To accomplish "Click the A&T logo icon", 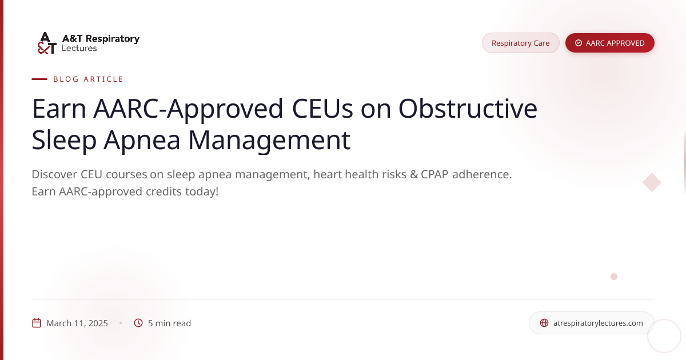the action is coord(47,43).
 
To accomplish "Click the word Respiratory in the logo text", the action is coord(113,39).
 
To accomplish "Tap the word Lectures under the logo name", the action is coord(79,48).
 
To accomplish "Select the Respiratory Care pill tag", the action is coord(521,43).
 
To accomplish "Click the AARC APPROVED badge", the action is coord(610,43).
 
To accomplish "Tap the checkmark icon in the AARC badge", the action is coord(578,43).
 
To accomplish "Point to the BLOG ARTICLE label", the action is coord(88,79).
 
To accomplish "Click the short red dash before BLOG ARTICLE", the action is coord(39,79).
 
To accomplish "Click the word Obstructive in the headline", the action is coord(468,109).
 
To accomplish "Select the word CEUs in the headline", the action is coord(322,109).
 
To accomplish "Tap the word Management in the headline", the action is coord(269,140).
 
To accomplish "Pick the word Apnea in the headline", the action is coord(142,140).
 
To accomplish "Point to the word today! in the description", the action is coord(202,191).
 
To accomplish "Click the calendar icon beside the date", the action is coord(37,323).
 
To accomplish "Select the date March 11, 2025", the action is coord(77,323).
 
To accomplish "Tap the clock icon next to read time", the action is coord(138,323).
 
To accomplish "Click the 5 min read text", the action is coord(169,323).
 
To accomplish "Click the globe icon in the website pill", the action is coord(544,323).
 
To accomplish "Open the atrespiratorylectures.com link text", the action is coord(598,323).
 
